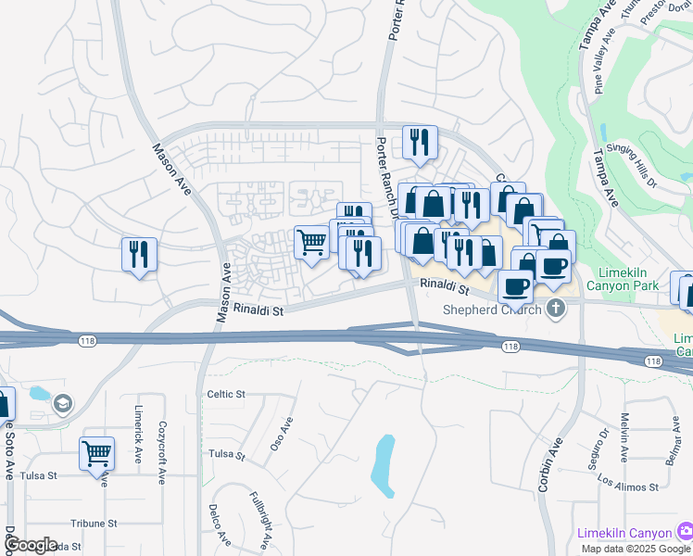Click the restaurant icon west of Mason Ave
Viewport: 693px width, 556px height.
click(x=139, y=255)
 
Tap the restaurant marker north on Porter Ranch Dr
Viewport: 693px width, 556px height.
click(x=420, y=143)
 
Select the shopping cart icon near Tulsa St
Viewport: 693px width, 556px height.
click(x=96, y=454)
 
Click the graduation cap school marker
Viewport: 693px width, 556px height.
click(x=62, y=403)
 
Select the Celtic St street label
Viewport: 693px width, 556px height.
click(x=225, y=394)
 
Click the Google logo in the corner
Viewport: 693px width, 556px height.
click(x=31, y=545)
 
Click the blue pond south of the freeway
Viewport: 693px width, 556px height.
click(x=383, y=463)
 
